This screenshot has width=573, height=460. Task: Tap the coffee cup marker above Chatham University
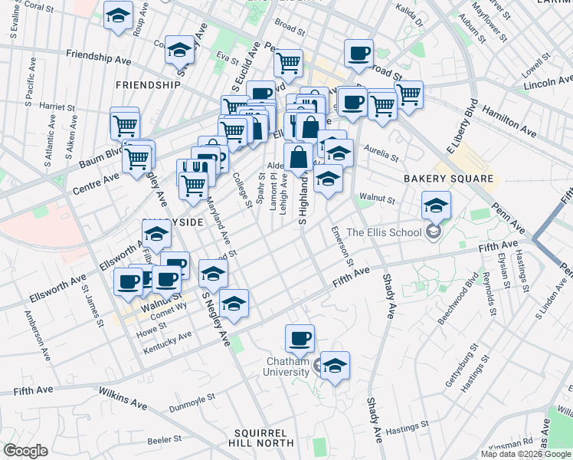(x=300, y=338)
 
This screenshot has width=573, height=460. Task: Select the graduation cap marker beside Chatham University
(x=334, y=366)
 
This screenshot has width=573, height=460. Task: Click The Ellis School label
(x=384, y=233)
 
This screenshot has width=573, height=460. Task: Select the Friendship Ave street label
(x=101, y=55)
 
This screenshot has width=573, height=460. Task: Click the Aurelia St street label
(x=381, y=153)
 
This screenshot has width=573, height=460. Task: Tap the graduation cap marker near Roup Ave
(x=119, y=15)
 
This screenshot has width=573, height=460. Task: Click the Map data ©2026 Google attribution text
(x=526, y=454)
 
